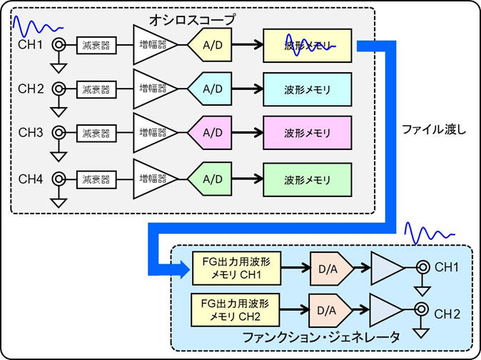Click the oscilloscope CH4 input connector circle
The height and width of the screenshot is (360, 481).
tap(59, 176)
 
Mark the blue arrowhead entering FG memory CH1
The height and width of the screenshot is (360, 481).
tap(179, 269)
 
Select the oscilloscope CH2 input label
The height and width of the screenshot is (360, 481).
tap(31, 89)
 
